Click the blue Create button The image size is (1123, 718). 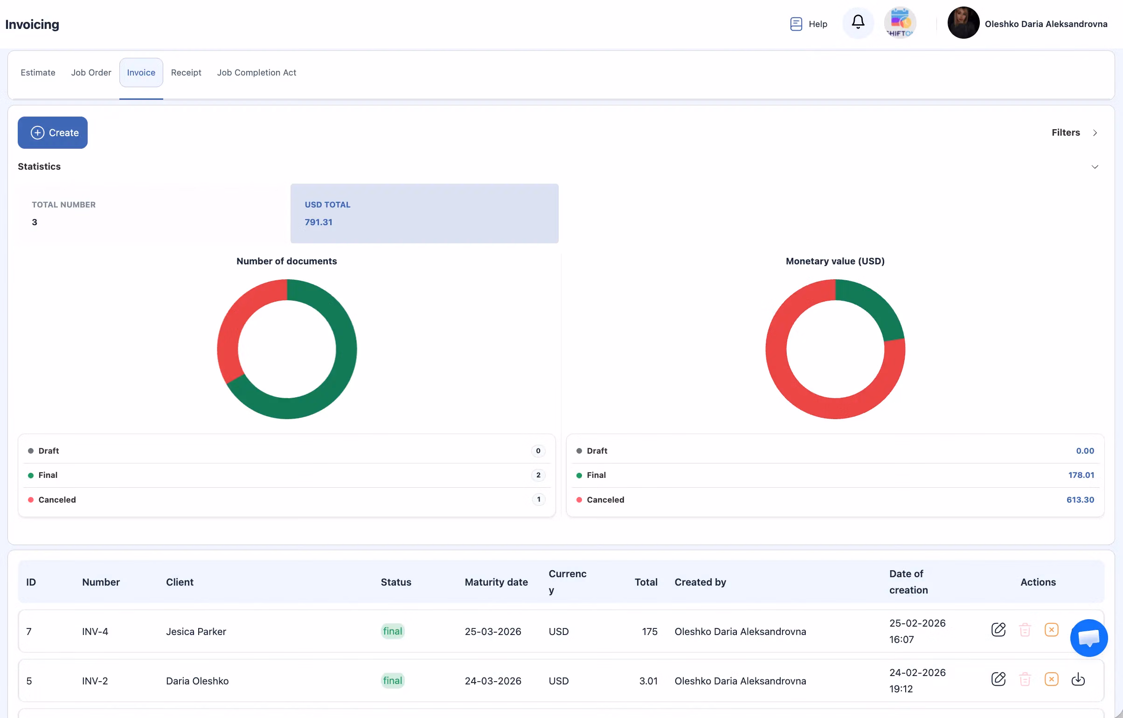tap(53, 133)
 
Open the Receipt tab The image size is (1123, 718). tap(186, 73)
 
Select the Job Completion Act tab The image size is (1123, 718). tap(256, 73)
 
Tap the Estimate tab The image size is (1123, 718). tap(38, 73)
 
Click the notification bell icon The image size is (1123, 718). tap(858, 22)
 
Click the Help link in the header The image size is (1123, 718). tap(809, 24)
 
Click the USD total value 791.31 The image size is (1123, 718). tap(319, 222)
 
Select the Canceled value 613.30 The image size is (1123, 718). tap(1080, 500)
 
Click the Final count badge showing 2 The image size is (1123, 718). tap(538, 475)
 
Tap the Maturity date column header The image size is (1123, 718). tap(496, 582)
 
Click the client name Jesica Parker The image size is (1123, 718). tap(196, 631)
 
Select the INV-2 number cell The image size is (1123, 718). tap(95, 681)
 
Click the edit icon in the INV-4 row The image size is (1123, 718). tap(998, 630)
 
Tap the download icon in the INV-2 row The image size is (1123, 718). tap(1078, 679)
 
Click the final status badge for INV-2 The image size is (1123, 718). tap(393, 681)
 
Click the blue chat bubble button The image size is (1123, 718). tap(1088, 638)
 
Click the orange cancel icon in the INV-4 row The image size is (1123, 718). tap(1051, 630)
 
